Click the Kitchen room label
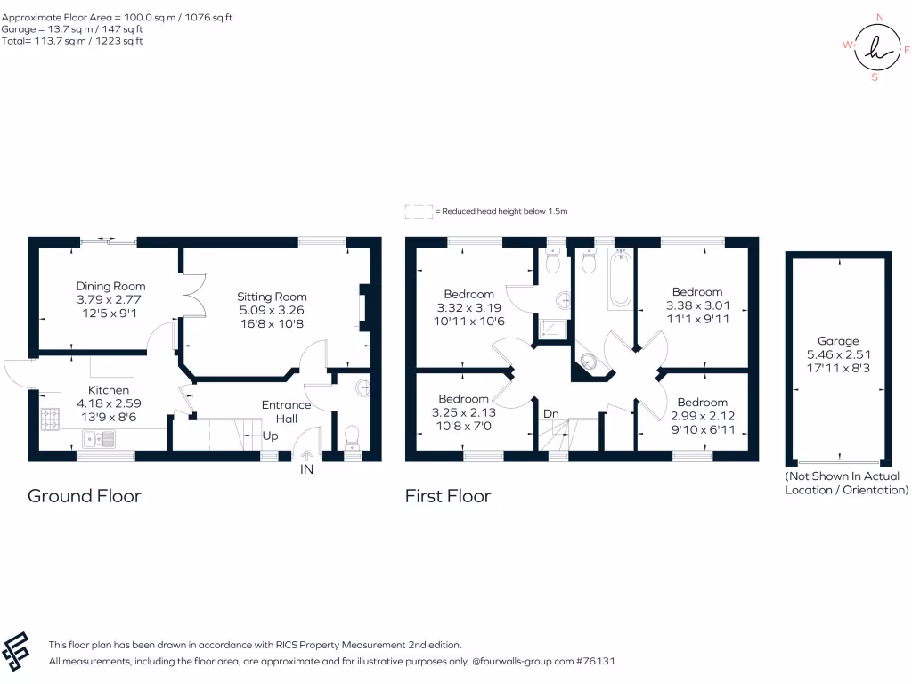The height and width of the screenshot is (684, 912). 109,390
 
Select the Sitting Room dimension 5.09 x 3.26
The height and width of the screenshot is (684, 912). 272,311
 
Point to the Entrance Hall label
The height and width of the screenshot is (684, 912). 286,411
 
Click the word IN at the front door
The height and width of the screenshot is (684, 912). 307,469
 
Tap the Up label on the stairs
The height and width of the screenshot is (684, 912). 269,436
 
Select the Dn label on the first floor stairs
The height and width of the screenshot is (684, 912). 551,414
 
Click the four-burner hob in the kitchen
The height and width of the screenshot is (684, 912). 49,417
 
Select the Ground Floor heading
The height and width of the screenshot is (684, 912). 84,495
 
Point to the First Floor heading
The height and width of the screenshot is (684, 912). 448,495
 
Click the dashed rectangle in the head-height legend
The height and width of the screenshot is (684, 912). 418,211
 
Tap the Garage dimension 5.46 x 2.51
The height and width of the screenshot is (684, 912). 838,354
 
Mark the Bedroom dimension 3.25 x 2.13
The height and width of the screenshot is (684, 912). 463,412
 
